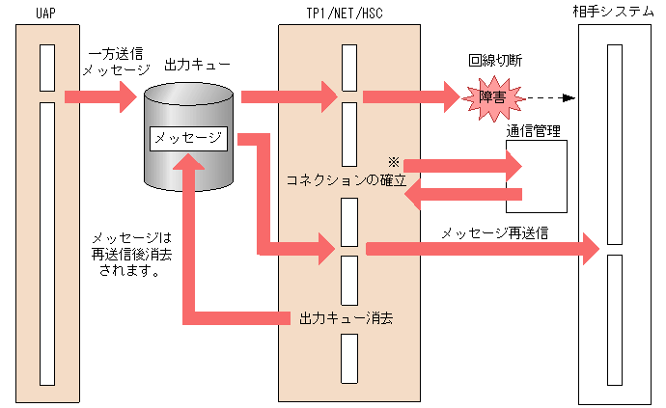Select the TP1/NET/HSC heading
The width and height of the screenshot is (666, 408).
(x=349, y=12)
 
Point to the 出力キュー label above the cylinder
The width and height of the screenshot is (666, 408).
(x=198, y=65)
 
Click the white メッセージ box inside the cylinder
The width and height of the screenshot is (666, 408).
(x=188, y=138)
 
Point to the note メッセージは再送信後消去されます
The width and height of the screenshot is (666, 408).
(x=129, y=254)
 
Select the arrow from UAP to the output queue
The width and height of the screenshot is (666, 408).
(x=101, y=96)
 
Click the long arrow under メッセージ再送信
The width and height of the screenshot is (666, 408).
(x=483, y=249)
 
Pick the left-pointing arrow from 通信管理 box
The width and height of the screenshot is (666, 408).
(x=463, y=196)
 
